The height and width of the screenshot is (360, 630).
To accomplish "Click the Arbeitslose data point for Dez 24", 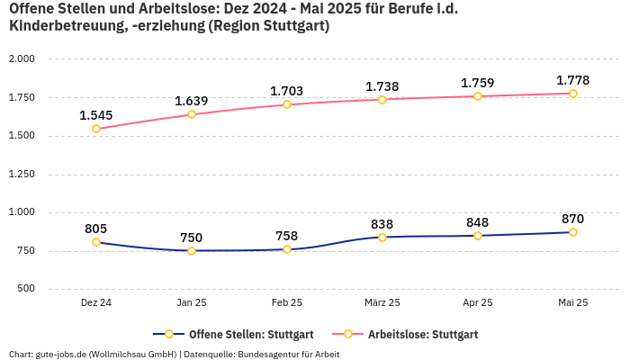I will point(96,129).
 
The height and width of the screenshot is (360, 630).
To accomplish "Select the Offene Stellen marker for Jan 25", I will point(192,251).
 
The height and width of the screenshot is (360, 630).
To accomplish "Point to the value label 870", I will point(572,219).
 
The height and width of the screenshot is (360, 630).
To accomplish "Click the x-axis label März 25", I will point(382,302).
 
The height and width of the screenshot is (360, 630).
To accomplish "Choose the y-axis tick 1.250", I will point(22,175).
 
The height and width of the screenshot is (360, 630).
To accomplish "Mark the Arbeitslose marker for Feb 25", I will point(287,104).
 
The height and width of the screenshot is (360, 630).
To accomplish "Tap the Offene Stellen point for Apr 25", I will point(478,236).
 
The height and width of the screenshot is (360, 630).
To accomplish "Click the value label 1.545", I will point(96,115).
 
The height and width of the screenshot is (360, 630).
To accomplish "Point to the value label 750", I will point(192,238).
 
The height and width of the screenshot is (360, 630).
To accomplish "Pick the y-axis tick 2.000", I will point(22,59).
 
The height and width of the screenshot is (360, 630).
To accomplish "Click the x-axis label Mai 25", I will point(572,302).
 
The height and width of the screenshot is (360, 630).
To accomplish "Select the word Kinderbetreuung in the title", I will point(67,26).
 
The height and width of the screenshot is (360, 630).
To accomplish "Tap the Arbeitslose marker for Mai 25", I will point(572,94).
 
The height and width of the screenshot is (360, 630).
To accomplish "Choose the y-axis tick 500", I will point(25,289).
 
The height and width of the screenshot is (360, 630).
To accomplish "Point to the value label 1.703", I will point(287,91).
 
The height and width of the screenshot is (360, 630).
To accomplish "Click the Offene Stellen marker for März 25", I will point(382,238).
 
